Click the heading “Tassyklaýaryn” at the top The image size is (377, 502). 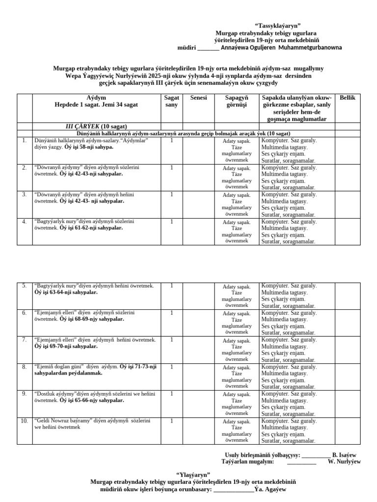[x=277, y=25]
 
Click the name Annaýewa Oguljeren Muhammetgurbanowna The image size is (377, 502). [x=281, y=48]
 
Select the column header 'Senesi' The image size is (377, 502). [x=199, y=98]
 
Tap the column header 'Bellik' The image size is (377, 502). [x=348, y=98]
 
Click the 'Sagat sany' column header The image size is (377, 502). [x=171, y=101]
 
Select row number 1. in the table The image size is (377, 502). [x=24, y=141]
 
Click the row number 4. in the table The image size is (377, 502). [x=24, y=222]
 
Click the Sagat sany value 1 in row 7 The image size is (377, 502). [x=171, y=340]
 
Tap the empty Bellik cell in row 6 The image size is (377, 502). [x=348, y=322]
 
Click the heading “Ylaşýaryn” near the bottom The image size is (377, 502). [x=193, y=475]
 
